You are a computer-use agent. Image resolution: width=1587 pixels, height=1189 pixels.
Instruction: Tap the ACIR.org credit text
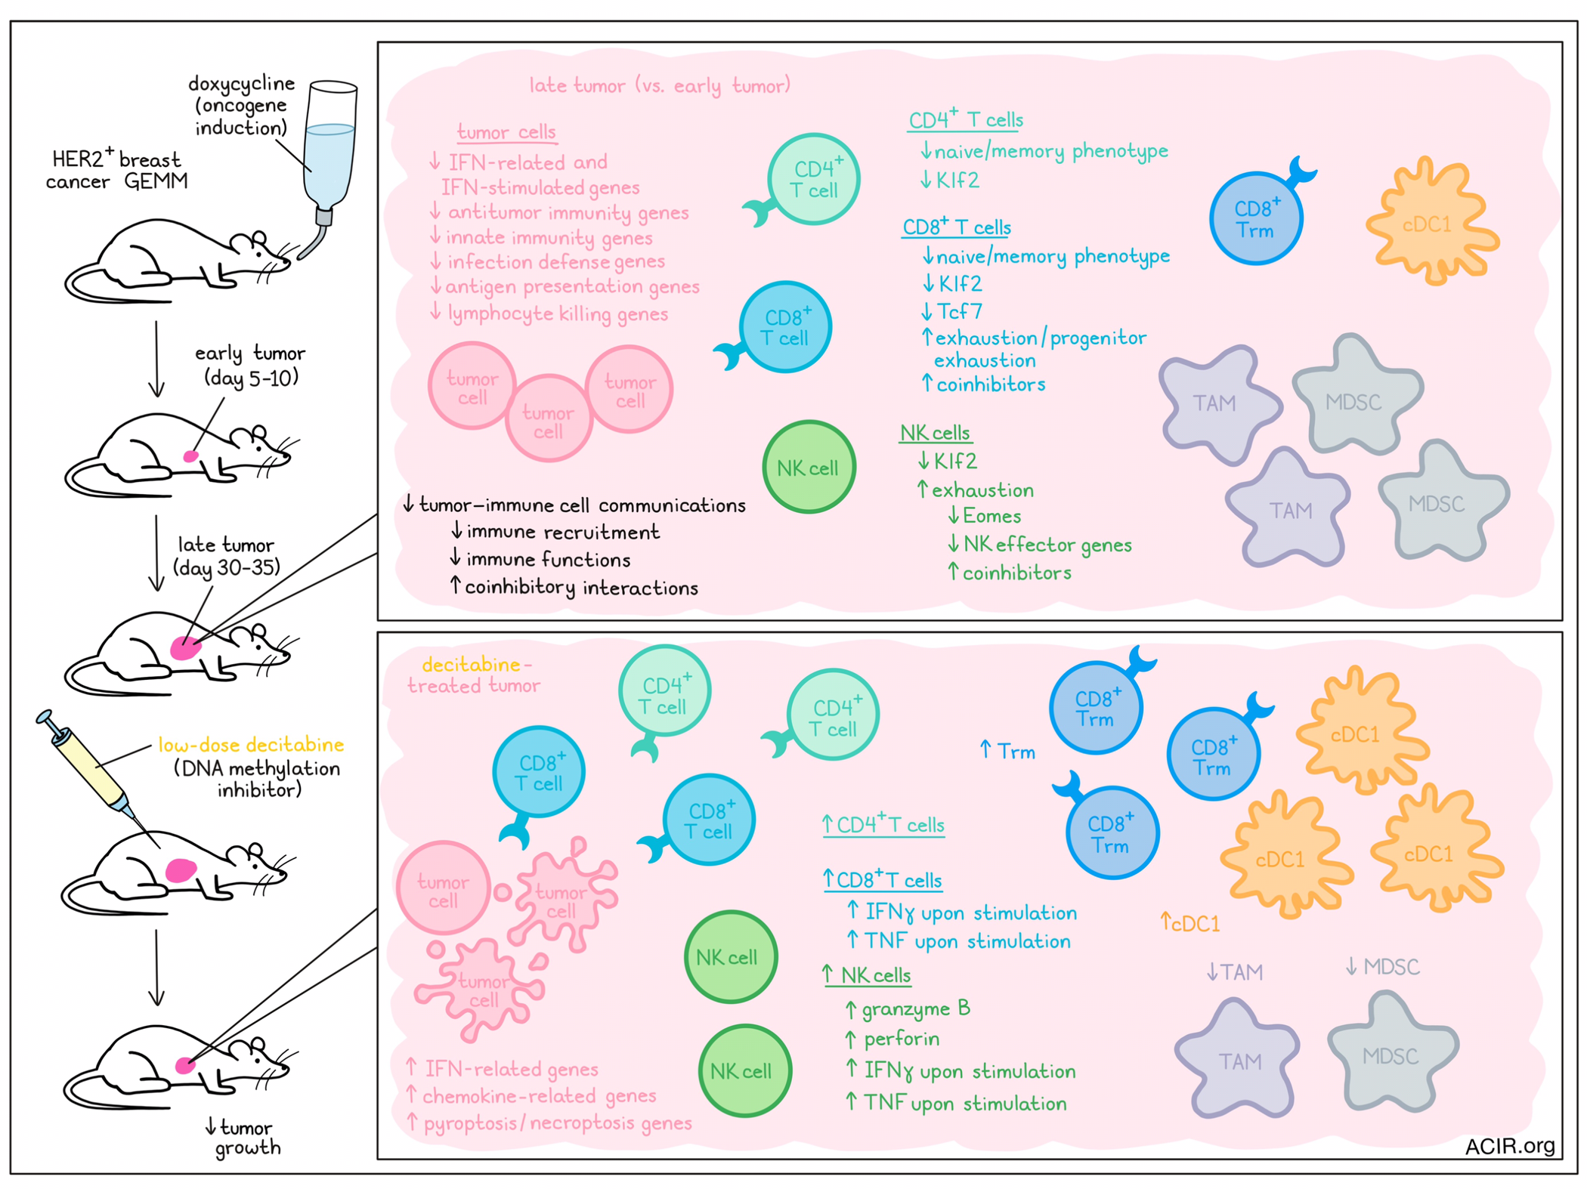1509,1146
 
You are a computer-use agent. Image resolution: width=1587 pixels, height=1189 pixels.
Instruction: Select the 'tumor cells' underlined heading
506,132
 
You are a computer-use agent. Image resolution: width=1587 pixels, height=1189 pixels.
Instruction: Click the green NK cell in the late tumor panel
809,467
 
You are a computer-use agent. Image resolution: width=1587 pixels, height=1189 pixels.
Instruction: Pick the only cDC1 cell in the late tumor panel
1430,221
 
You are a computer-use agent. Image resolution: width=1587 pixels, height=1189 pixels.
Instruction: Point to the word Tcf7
959,311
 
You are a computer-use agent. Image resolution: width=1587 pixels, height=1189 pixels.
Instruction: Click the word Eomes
991,516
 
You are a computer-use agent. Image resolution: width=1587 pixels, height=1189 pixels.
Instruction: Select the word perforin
901,1039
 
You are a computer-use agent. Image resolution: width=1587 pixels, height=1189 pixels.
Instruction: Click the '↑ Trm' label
1007,751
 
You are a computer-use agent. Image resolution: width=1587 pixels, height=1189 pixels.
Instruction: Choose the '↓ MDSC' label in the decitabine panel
1382,967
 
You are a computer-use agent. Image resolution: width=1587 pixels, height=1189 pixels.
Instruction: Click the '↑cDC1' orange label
1190,923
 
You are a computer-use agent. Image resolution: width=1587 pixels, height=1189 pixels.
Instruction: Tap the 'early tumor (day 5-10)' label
250,366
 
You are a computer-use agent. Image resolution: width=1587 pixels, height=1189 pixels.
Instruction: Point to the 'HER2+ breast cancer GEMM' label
116,170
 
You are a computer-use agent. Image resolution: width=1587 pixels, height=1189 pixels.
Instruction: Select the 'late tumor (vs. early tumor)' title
660,85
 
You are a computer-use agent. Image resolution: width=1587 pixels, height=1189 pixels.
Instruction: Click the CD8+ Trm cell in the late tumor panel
1257,218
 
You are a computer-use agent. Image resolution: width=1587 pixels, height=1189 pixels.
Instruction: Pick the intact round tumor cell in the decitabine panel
443,889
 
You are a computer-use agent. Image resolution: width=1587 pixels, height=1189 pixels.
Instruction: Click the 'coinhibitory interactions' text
581,588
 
